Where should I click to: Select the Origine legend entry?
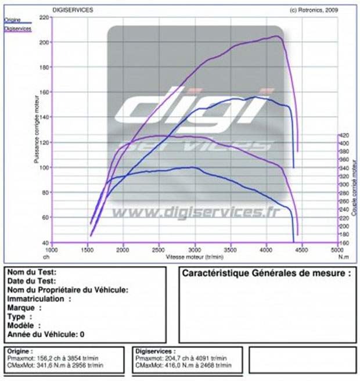12,20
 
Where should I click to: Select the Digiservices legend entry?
17,28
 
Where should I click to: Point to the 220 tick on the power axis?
45,17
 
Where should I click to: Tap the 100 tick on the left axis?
45,167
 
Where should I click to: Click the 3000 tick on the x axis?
195,250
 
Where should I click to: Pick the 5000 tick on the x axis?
337,250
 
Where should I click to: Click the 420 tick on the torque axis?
344,135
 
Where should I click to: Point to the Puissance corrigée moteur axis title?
37,131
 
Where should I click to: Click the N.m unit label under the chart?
344,256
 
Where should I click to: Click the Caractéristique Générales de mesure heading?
267,272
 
